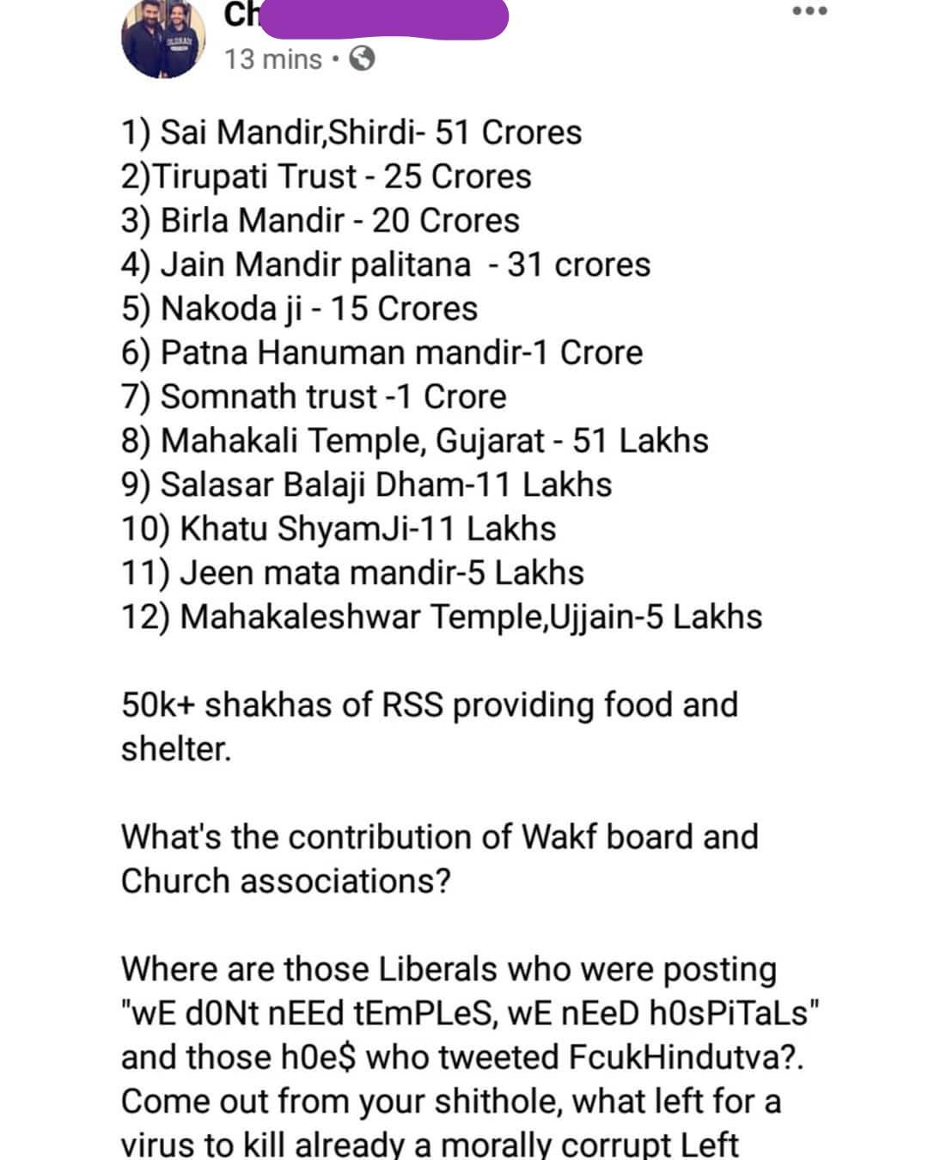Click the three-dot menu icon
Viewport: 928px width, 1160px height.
(809, 11)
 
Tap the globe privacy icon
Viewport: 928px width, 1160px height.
(362, 58)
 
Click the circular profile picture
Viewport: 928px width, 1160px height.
(164, 38)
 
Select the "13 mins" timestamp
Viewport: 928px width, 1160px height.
(273, 59)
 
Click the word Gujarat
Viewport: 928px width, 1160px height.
(490, 441)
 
